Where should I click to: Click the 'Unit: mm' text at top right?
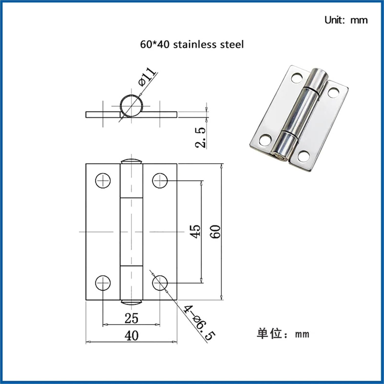(x=346, y=20)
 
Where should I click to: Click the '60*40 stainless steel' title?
(x=192, y=45)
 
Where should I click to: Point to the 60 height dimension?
(x=216, y=231)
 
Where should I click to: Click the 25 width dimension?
(x=131, y=318)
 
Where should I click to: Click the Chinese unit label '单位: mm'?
(x=283, y=334)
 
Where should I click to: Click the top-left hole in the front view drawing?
(x=103, y=180)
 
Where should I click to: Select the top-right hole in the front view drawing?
(x=160, y=180)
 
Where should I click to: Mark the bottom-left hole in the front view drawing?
(x=103, y=283)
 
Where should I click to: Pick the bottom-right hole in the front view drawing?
(x=160, y=283)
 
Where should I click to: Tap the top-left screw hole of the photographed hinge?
(x=297, y=78)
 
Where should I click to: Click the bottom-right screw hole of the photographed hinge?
(x=304, y=156)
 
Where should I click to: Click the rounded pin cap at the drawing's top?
(x=131, y=161)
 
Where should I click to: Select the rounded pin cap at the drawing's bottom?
(x=131, y=302)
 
